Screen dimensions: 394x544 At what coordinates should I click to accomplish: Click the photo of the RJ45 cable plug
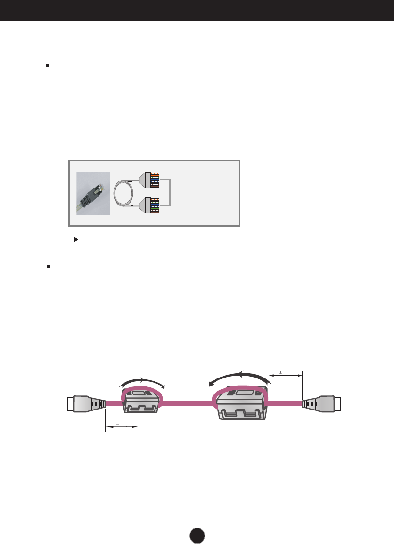pos(93,193)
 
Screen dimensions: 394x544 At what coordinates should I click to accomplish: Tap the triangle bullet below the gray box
pos(75,239)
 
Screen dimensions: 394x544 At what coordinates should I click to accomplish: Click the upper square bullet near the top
pos(47,66)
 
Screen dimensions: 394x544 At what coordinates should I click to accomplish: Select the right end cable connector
pos(322,403)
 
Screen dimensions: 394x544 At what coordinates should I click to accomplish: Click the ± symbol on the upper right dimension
pos(281,372)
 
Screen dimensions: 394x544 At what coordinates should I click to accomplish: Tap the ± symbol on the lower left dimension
pos(117,423)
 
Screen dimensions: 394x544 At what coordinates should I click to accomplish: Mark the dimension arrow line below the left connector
pos(121,427)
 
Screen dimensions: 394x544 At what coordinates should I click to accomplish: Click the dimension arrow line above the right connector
pos(286,376)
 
